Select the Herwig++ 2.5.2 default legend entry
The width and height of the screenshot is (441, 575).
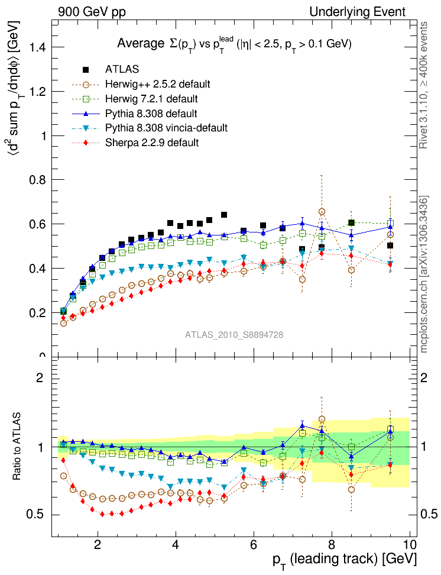[157, 84]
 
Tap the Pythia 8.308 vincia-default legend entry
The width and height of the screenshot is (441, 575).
[166, 128]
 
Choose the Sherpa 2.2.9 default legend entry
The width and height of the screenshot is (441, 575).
[151, 142]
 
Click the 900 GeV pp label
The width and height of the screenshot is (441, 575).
[92, 12]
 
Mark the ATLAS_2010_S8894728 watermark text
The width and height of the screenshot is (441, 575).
[234, 335]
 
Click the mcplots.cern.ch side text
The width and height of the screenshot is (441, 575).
[424, 274]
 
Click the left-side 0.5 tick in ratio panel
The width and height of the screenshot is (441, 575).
[33, 515]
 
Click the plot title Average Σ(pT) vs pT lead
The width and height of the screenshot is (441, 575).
[234, 44]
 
